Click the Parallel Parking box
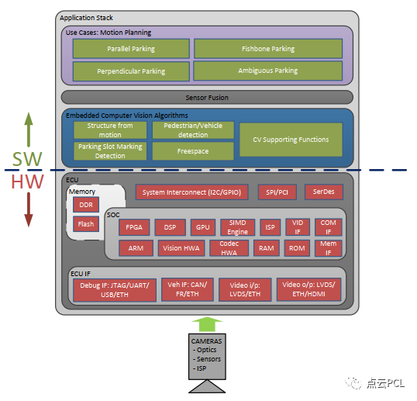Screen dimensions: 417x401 click(131, 49)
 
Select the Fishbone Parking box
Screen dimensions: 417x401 click(268, 49)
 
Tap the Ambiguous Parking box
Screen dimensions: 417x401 click(268, 71)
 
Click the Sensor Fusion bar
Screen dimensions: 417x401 click(207, 98)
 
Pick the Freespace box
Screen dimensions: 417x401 click(193, 151)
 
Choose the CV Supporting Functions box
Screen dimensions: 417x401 click(291, 140)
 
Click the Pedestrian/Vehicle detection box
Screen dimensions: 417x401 click(193, 130)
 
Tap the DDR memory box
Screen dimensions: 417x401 click(86, 205)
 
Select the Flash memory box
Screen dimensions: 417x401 click(86, 224)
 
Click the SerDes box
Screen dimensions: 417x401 click(324, 192)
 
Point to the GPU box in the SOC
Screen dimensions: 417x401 click(203, 227)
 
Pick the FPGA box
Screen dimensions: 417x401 click(134, 227)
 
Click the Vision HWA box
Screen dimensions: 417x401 click(181, 248)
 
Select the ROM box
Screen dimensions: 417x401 click(297, 248)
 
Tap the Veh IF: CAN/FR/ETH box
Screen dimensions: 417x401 click(188, 289)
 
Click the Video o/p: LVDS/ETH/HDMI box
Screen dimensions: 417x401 click(308, 289)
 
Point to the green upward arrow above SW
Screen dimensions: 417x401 click(29, 130)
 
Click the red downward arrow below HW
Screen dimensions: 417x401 click(29, 209)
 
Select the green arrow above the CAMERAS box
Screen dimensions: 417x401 click(207, 324)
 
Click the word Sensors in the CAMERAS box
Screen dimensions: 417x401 click(208, 359)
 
